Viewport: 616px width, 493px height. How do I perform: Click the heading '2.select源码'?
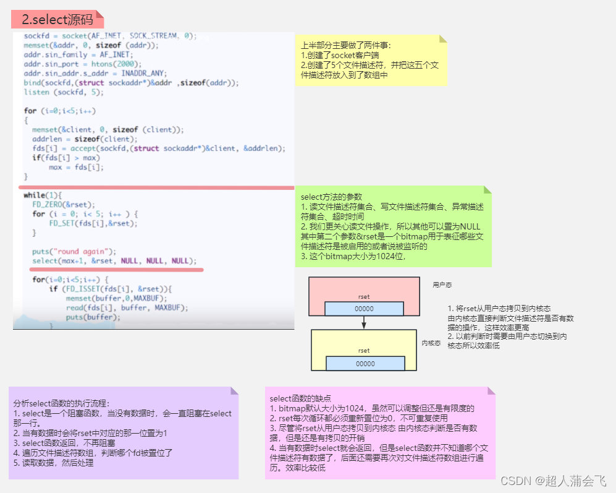tap(57, 19)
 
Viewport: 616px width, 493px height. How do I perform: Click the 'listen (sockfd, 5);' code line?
tap(64, 92)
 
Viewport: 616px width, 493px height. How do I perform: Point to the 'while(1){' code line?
tap(43, 195)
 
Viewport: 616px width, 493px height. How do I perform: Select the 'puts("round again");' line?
tap(74, 251)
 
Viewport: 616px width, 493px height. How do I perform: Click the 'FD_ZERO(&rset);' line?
tap(64, 205)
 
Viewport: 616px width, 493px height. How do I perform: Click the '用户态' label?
tap(442, 285)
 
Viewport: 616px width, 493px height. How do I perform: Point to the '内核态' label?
tap(431, 343)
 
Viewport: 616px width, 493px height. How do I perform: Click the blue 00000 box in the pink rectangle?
tap(364, 309)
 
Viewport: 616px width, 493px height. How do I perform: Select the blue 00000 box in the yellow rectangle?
tap(365, 364)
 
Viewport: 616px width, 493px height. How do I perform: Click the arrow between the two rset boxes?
tap(365, 322)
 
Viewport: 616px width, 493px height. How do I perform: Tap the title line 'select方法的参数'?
tap(331, 197)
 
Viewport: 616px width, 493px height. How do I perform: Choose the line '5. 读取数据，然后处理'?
tap(54, 463)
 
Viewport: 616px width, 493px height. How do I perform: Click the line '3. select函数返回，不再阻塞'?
tap(65, 443)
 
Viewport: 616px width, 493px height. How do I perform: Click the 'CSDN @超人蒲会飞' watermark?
tap(553, 481)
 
